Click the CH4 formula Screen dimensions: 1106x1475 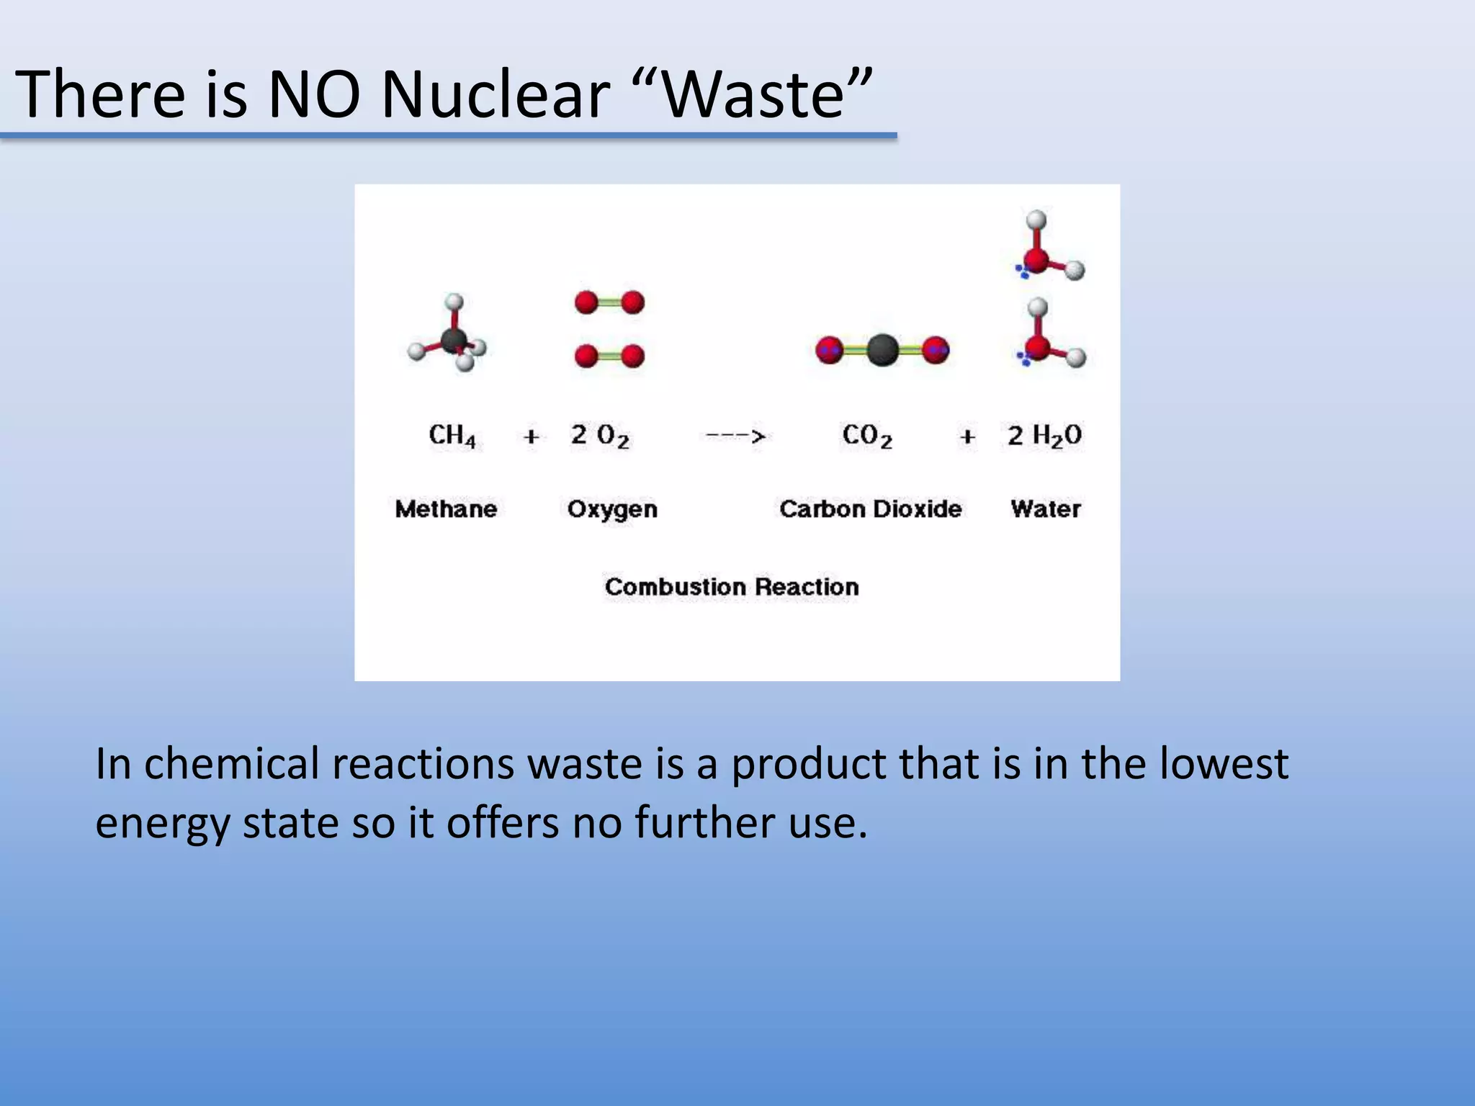click(x=452, y=436)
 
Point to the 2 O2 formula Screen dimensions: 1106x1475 click(x=600, y=436)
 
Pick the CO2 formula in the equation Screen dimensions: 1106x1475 click(x=867, y=436)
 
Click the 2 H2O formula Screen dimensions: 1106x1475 click(x=1044, y=436)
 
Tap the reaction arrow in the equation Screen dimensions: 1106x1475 click(x=735, y=436)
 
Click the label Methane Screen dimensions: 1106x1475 click(x=446, y=509)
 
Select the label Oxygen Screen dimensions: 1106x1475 click(x=612, y=510)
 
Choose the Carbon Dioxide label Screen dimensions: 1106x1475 click(x=870, y=509)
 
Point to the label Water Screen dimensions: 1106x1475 click(x=1046, y=509)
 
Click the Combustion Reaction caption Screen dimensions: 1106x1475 click(x=732, y=587)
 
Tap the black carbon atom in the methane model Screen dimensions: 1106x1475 click(x=454, y=340)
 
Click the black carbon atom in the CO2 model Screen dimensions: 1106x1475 click(x=882, y=351)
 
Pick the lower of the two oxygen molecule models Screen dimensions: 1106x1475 click(x=609, y=356)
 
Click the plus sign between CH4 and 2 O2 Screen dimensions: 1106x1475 click(x=532, y=436)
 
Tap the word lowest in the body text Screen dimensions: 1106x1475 click(x=1224, y=763)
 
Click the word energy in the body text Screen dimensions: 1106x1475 click(x=162, y=823)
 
